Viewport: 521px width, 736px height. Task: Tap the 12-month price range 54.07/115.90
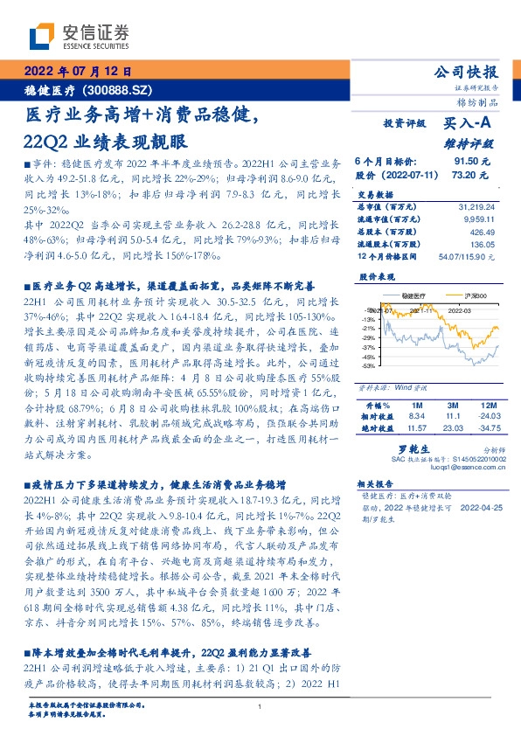(x=472, y=257)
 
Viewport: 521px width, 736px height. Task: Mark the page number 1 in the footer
(x=261, y=707)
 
